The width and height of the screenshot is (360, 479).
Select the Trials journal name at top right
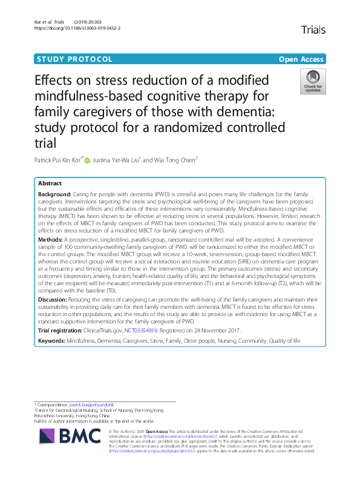312,29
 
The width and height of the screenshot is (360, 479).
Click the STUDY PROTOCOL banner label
74,59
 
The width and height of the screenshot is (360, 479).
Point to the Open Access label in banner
301,59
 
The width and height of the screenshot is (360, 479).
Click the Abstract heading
50,183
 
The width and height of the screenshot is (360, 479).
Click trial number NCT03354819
141,330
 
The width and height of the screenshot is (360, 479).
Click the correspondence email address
87,404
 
